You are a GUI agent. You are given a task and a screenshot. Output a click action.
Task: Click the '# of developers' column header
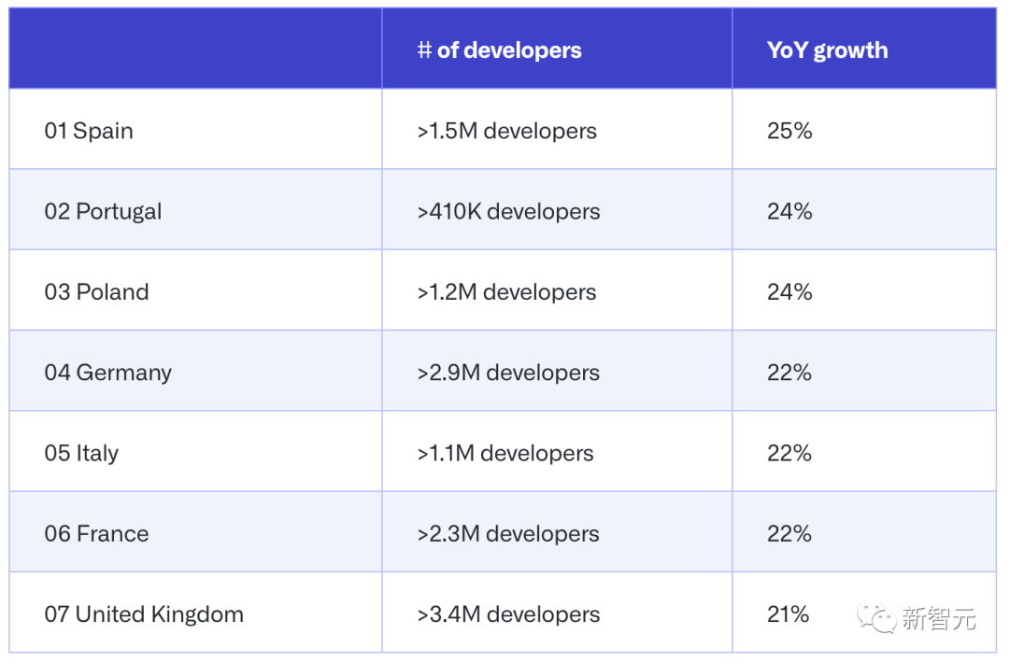pyautogui.click(x=499, y=50)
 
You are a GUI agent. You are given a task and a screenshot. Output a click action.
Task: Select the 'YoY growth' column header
pyautogui.click(x=827, y=50)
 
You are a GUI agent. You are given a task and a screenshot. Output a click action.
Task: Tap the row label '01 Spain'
pyautogui.click(x=89, y=131)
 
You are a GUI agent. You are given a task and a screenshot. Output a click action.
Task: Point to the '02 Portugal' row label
pyautogui.click(x=103, y=212)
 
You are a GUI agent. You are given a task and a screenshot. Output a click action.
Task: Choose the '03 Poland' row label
pyautogui.click(x=96, y=292)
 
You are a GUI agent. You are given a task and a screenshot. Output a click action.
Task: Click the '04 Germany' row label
pyautogui.click(x=107, y=373)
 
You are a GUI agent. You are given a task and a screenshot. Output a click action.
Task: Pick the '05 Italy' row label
pyautogui.click(x=81, y=454)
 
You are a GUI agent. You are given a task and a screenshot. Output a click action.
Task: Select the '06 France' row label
pyautogui.click(x=96, y=534)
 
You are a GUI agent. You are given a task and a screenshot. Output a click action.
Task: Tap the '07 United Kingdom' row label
pyautogui.click(x=144, y=614)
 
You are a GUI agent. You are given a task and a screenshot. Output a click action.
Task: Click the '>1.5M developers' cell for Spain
pyautogui.click(x=506, y=131)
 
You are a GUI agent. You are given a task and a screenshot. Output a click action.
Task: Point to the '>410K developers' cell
pyautogui.click(x=508, y=212)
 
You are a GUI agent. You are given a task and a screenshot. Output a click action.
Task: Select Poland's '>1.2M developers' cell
pyautogui.click(x=506, y=292)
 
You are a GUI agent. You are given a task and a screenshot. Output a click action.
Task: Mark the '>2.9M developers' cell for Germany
pyautogui.click(x=508, y=373)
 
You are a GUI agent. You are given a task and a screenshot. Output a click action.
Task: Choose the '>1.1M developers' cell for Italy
pyautogui.click(x=504, y=454)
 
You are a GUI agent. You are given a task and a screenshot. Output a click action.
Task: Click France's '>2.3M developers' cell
pyautogui.click(x=507, y=534)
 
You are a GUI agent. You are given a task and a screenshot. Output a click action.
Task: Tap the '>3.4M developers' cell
pyautogui.click(x=508, y=614)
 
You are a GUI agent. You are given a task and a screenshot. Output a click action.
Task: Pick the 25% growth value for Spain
pyautogui.click(x=789, y=131)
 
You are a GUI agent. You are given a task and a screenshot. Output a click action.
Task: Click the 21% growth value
pyautogui.click(x=788, y=614)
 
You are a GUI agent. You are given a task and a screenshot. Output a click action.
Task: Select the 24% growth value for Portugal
pyautogui.click(x=789, y=212)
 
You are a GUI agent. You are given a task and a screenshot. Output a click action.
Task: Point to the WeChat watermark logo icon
pyautogui.click(x=878, y=617)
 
